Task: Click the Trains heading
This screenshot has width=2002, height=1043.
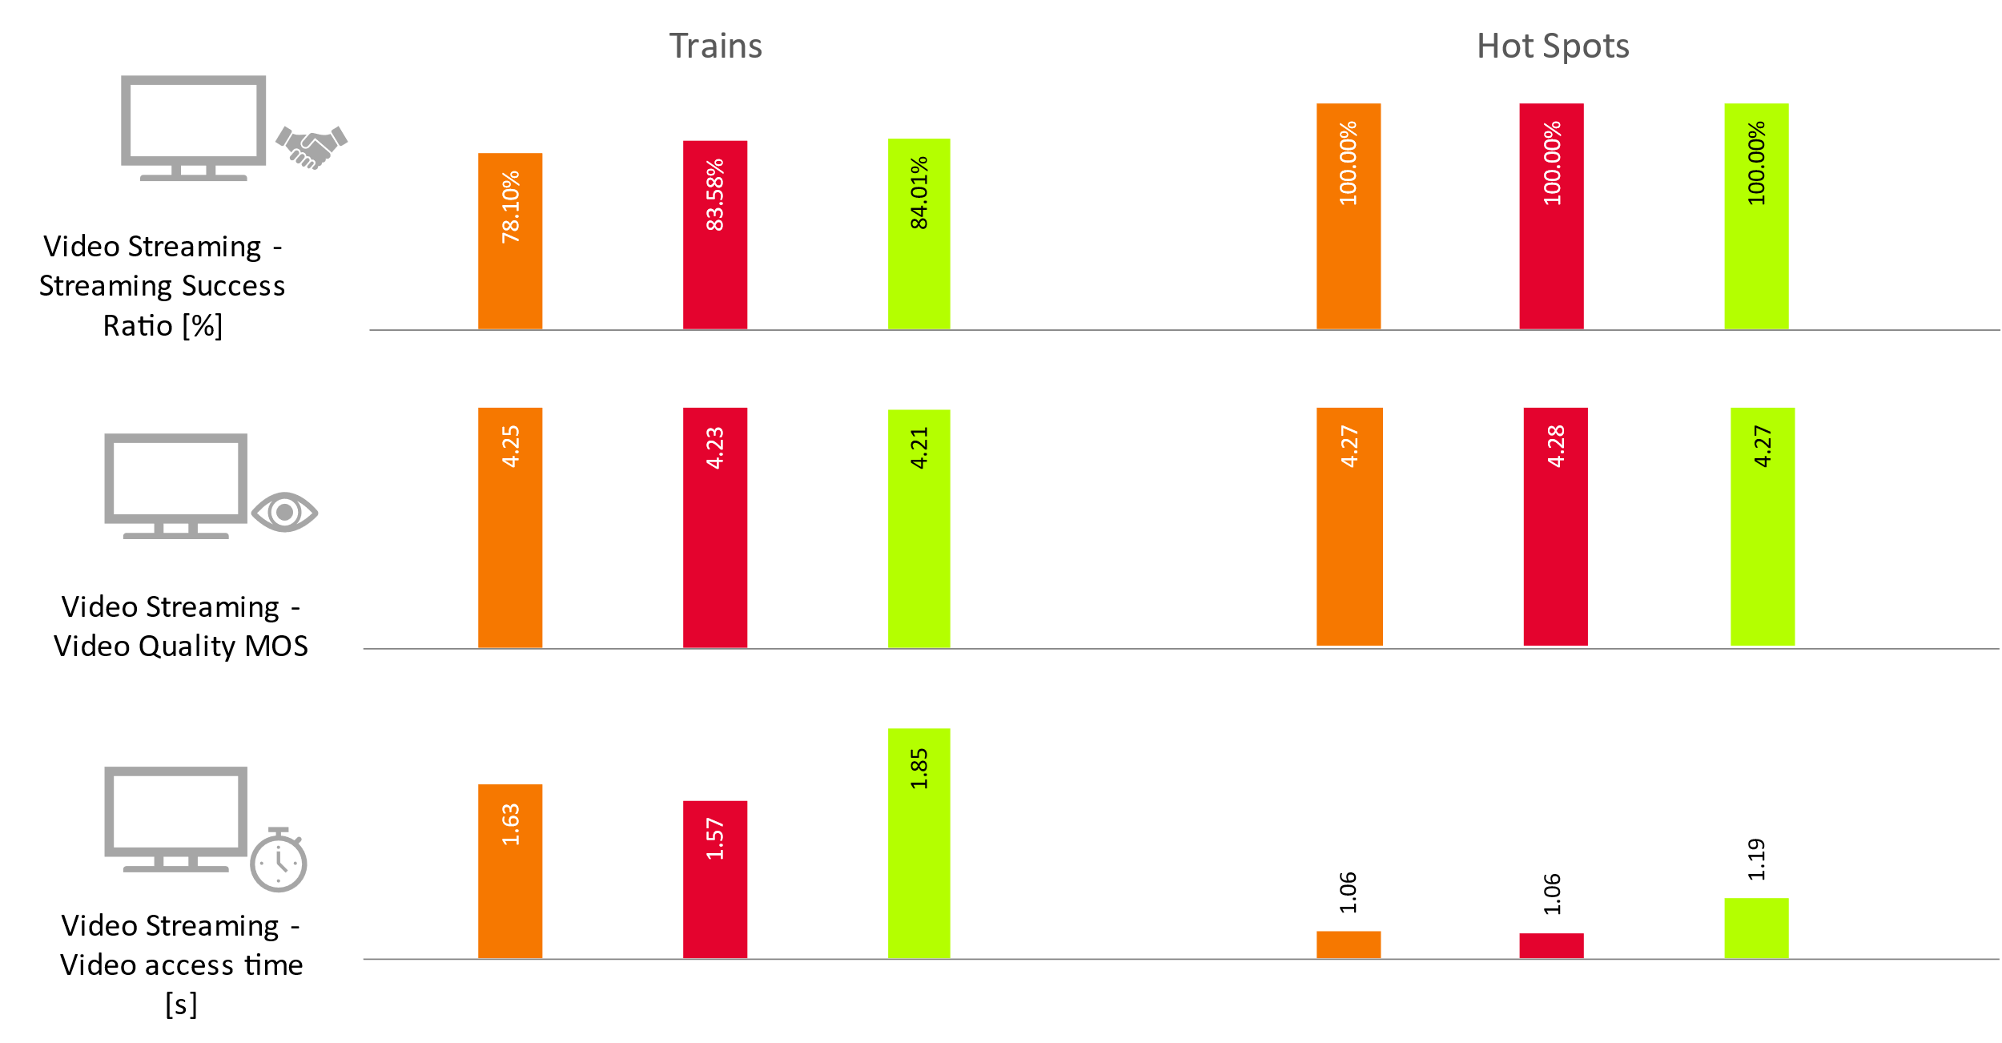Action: tap(715, 46)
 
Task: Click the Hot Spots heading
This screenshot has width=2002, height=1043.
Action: tap(1552, 46)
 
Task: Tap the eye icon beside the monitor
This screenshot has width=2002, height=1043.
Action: tap(284, 513)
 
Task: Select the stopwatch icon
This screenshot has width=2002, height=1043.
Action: tap(278, 861)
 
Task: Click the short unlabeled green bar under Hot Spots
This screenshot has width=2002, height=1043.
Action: tap(1755, 928)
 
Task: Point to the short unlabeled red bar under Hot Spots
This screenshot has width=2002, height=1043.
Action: tap(1551, 945)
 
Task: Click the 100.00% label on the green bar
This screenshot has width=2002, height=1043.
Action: tap(1755, 163)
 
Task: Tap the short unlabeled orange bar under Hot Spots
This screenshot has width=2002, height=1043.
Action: tap(1349, 944)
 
